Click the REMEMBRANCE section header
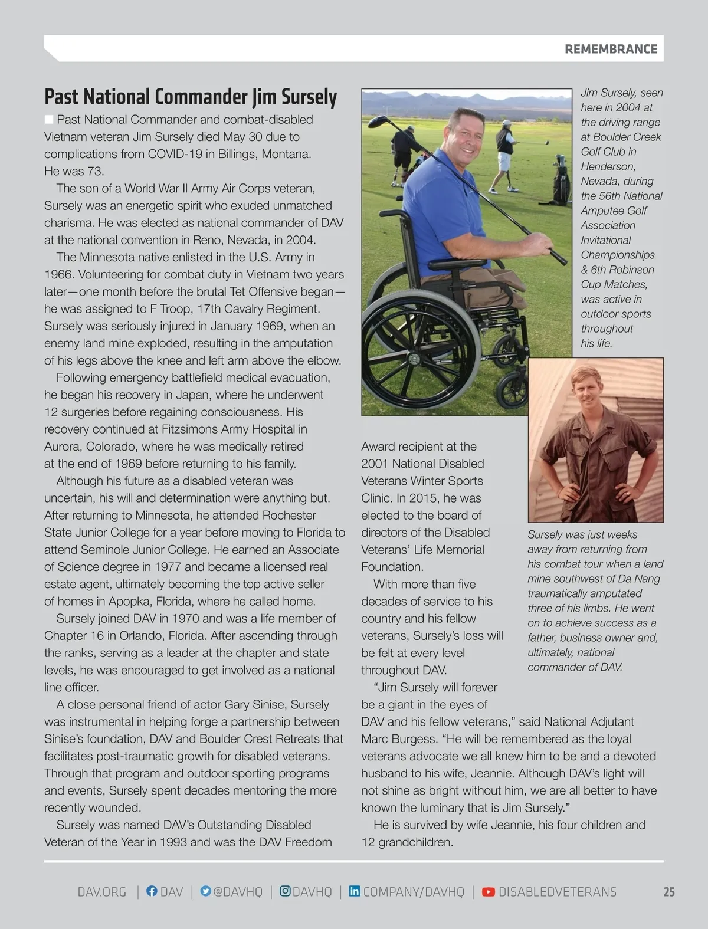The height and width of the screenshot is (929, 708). [x=611, y=49]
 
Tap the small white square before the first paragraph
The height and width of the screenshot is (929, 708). [x=49, y=120]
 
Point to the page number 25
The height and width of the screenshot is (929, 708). [x=668, y=892]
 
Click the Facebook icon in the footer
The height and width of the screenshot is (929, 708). [x=152, y=891]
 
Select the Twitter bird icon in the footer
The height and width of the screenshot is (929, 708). [x=205, y=891]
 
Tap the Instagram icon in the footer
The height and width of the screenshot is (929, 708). [x=285, y=891]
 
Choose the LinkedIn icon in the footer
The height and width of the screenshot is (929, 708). [x=355, y=891]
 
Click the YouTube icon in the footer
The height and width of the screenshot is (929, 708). [x=489, y=892]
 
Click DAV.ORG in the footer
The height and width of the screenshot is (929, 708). [x=102, y=892]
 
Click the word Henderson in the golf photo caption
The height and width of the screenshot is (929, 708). [x=608, y=166]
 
